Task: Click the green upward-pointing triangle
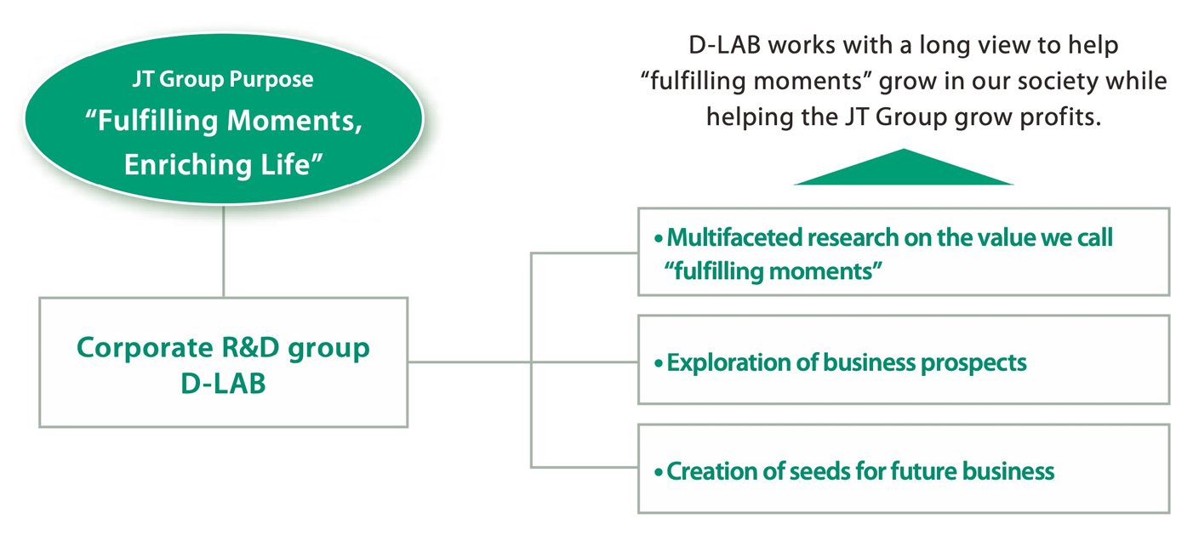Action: pos(903,171)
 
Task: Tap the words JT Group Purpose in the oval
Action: pos(223,80)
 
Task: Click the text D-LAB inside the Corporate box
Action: pos(223,383)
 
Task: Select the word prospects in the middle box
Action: pos(973,363)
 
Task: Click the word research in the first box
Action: pos(835,238)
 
